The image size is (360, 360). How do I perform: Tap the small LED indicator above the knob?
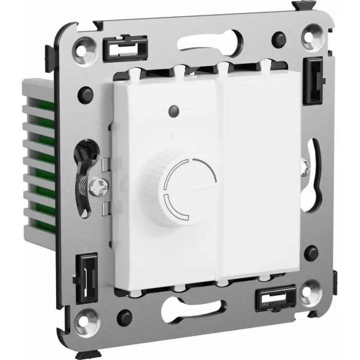click(172, 112)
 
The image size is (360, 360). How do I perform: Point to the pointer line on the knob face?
click(202, 188)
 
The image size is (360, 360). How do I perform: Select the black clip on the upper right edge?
click(315, 80)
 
